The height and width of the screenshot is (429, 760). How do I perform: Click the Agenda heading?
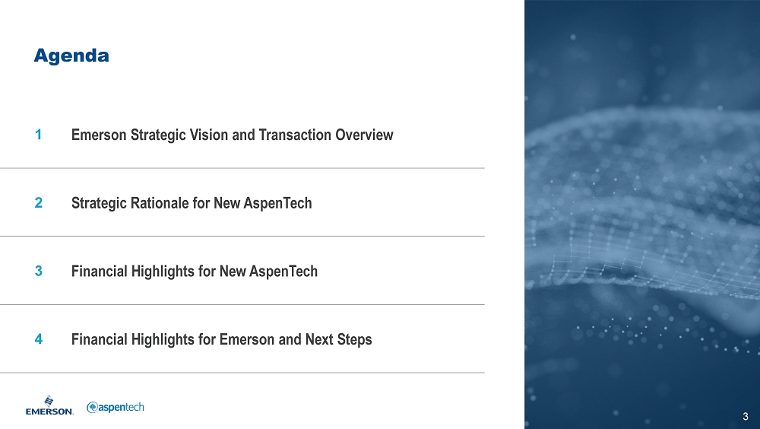(x=71, y=56)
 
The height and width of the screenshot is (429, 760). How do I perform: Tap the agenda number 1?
(x=38, y=135)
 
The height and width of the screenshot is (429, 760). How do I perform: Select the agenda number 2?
(x=38, y=202)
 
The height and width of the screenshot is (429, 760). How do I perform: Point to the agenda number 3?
(x=38, y=271)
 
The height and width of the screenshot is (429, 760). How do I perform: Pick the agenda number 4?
(x=38, y=338)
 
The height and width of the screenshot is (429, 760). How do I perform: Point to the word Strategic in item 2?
(x=98, y=203)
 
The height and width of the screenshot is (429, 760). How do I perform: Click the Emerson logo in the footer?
(x=49, y=405)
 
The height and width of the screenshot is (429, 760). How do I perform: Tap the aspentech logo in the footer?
(x=116, y=407)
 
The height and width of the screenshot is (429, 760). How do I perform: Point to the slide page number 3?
(x=746, y=416)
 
